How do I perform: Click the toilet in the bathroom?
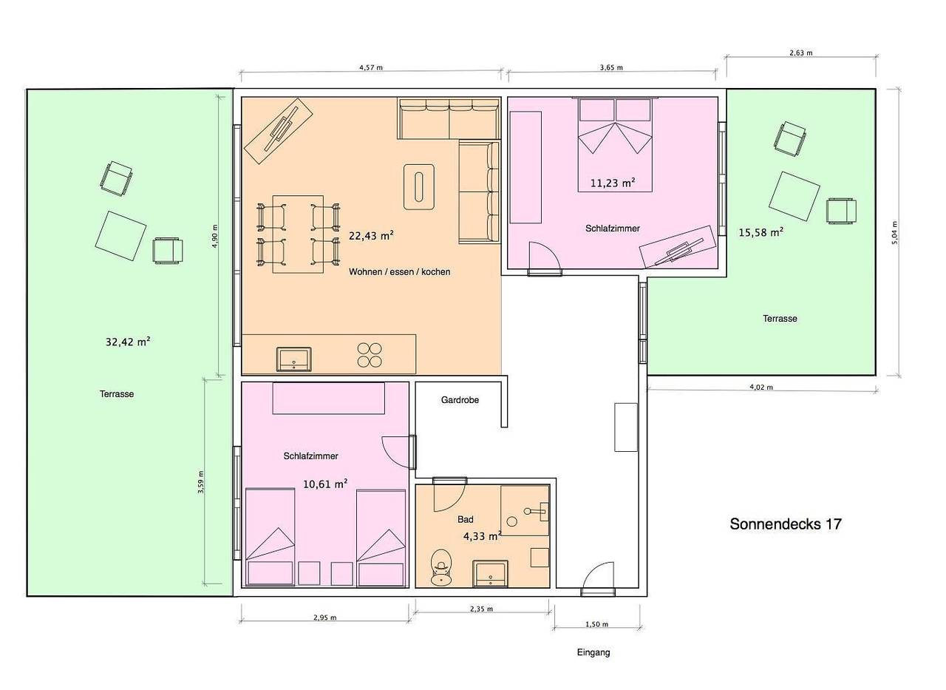point(441,567)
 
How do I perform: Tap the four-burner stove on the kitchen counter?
point(370,355)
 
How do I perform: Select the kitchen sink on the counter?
point(294,359)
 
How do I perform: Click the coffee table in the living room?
point(419,187)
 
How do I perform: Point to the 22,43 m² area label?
point(371,235)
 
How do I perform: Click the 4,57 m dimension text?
point(371,67)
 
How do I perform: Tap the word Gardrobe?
point(460,399)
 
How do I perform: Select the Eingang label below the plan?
point(593,652)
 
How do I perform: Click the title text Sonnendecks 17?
point(786,524)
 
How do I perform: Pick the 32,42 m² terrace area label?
point(128,342)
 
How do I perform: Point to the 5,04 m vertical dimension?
point(894,233)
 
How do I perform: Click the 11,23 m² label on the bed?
point(613,183)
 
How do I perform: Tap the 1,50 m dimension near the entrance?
point(596,624)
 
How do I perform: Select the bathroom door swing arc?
point(457,503)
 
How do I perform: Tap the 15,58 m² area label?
point(761,232)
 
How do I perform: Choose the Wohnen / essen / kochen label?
point(400,271)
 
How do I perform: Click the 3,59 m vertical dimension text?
point(201,481)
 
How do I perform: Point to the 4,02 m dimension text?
point(761,387)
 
